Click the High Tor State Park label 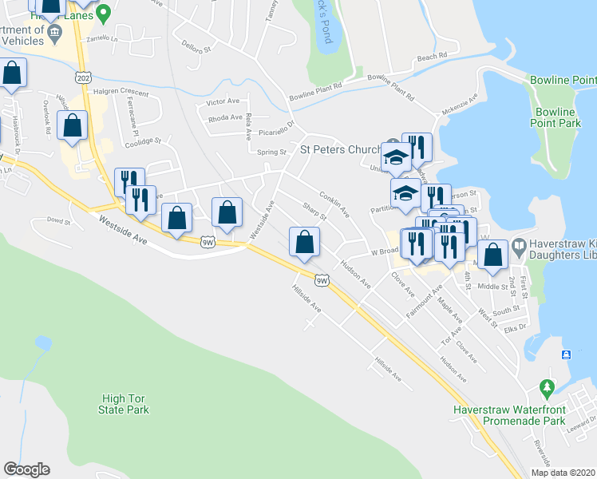click(x=125, y=404)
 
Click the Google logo click(x=26, y=469)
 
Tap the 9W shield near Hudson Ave click(x=322, y=279)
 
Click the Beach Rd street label click(x=433, y=57)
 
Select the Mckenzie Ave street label click(x=460, y=104)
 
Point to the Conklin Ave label click(x=334, y=203)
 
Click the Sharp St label click(x=314, y=213)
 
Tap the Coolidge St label click(x=144, y=141)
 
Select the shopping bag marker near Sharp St click(x=304, y=243)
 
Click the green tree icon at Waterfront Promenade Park click(x=547, y=389)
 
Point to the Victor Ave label click(x=223, y=102)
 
